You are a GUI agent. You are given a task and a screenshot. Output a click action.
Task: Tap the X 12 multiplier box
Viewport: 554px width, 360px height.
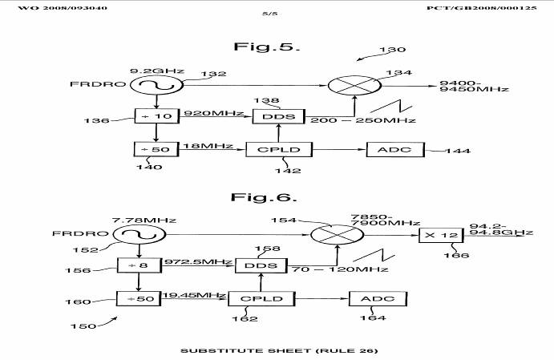point(440,235)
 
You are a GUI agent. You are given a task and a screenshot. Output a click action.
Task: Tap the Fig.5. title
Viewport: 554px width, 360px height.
point(265,47)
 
